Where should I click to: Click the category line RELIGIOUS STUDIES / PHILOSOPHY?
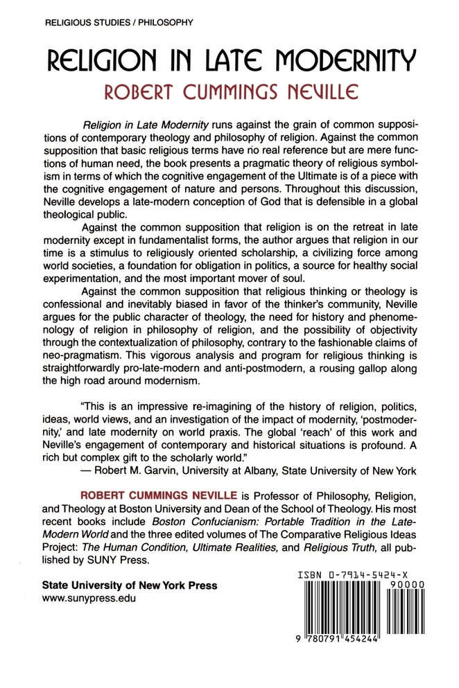pyautogui.click(x=118, y=22)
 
